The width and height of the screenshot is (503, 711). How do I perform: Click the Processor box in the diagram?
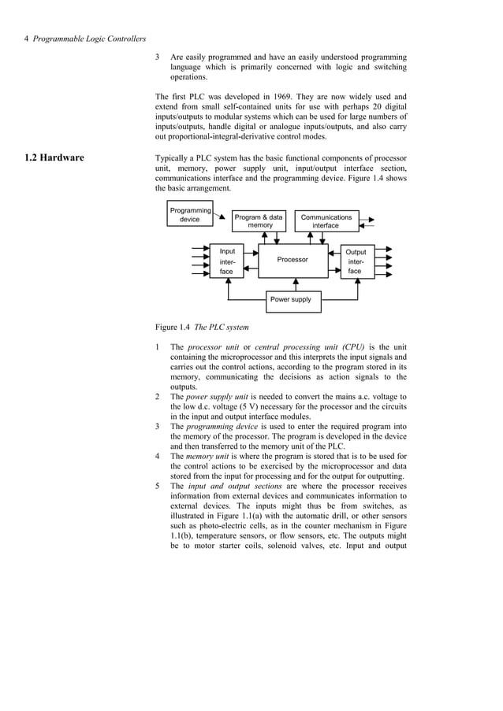292,260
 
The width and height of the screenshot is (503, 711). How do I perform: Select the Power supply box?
292,300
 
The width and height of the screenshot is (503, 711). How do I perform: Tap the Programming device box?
190,214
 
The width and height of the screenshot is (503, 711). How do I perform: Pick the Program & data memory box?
259,221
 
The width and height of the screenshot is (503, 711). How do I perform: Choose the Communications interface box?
326,221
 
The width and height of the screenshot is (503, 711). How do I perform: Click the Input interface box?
226,261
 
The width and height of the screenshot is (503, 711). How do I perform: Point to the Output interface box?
356,261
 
